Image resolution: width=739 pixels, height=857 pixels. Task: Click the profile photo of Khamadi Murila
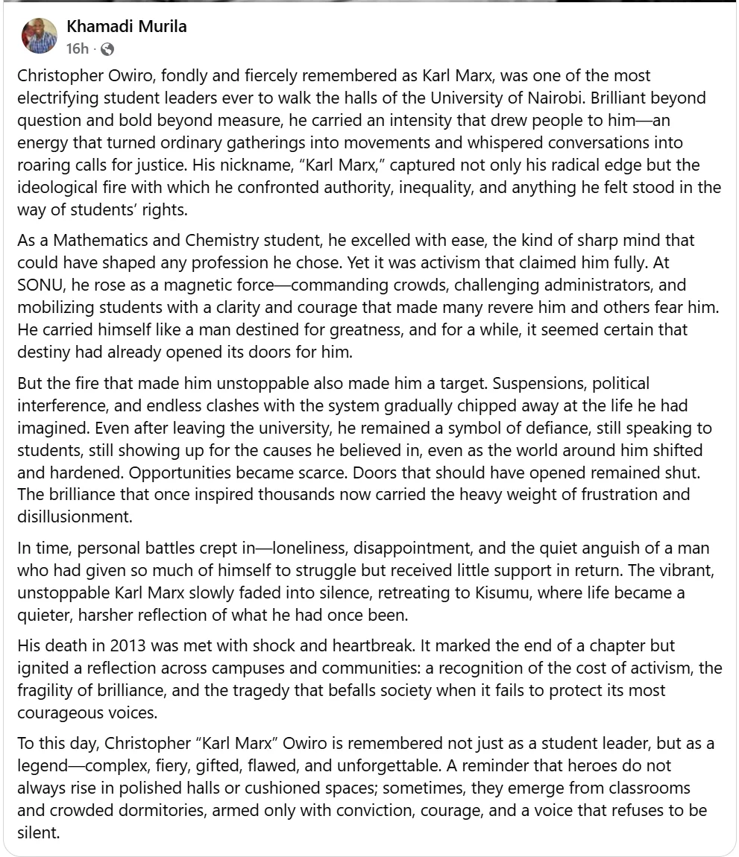click(x=40, y=36)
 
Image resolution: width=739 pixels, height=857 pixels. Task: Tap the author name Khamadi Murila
click(x=127, y=27)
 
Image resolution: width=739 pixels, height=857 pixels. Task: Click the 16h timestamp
click(x=77, y=49)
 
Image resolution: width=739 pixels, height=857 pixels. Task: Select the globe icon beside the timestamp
click(x=107, y=50)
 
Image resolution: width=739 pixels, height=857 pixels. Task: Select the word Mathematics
click(x=95, y=241)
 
